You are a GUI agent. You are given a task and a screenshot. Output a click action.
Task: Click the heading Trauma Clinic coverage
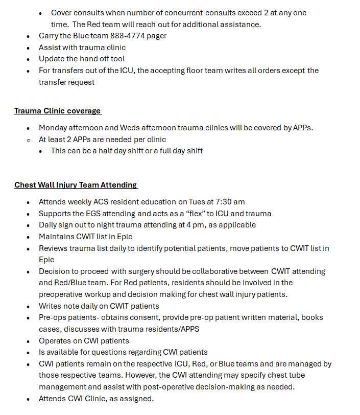click(x=57, y=111)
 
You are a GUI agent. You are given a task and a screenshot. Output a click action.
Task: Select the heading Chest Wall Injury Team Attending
click(x=76, y=185)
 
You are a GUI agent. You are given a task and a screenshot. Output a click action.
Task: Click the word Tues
click(x=198, y=202)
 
